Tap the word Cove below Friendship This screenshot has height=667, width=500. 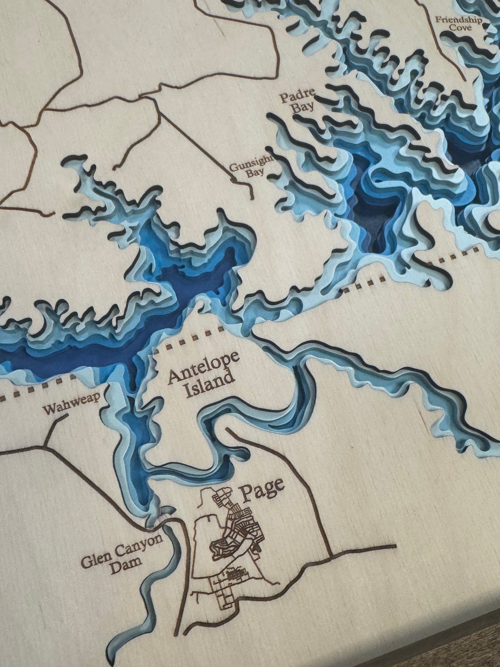tap(462, 28)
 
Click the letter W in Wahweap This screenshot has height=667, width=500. tap(49, 411)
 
